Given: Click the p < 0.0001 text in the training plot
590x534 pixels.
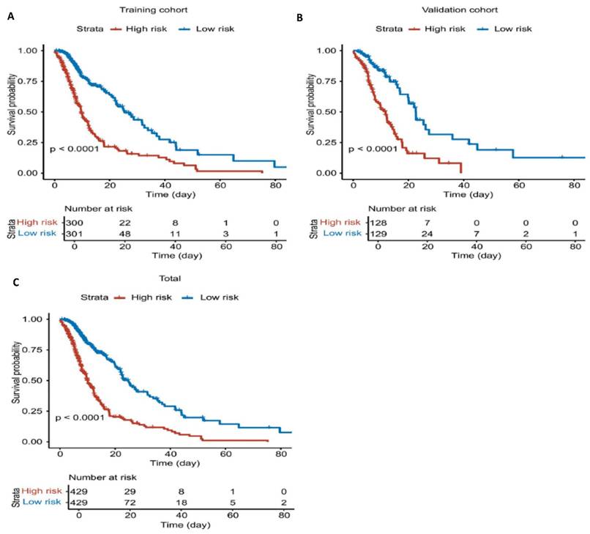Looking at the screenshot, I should point(73,149).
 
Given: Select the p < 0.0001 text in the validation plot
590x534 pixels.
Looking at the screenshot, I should point(372,149).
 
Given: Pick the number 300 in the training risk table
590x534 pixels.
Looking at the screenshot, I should point(74,221).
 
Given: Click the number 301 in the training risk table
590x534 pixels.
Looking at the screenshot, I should point(74,233).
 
